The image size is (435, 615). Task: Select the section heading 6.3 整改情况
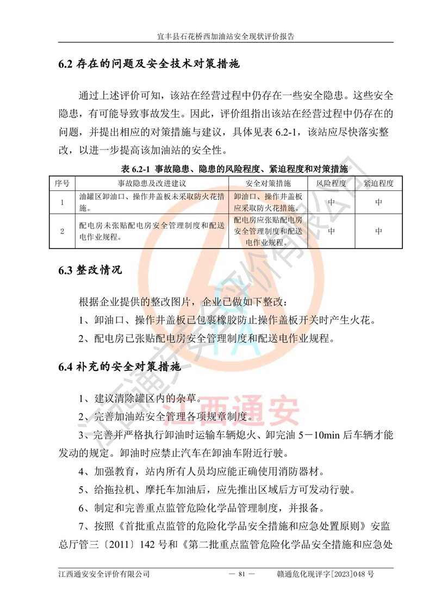coord(91,270)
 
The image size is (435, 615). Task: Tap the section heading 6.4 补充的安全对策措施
coord(120,367)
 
